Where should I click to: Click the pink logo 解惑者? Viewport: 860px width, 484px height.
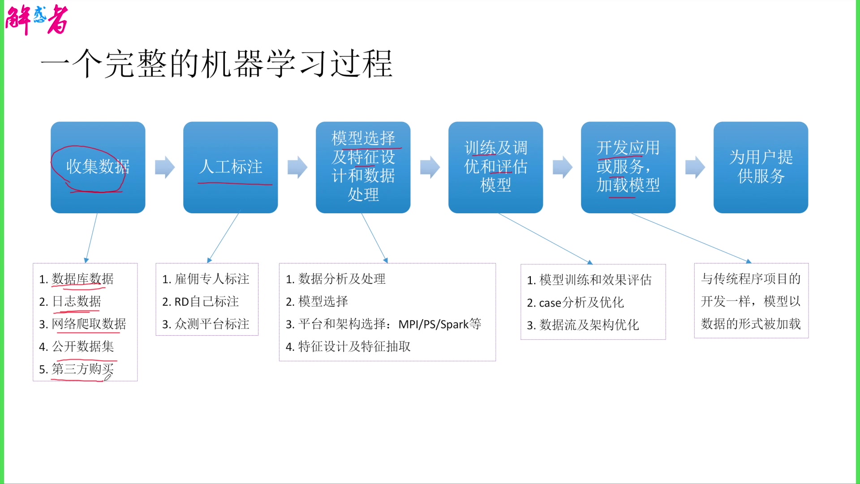pos(37,19)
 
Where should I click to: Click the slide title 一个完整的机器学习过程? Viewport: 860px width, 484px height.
pos(216,64)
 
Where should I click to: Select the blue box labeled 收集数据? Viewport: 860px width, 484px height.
pos(98,167)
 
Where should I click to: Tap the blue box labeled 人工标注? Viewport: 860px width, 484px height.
pos(230,167)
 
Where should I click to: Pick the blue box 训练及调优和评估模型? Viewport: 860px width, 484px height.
pos(495,167)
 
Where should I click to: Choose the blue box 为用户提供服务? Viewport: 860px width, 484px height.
pos(761,167)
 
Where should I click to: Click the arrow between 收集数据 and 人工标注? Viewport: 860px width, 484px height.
pos(164,167)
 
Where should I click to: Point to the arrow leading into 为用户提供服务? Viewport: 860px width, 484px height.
pos(695,167)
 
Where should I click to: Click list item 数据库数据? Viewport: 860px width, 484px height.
pos(82,279)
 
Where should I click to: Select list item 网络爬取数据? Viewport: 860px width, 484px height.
pos(89,324)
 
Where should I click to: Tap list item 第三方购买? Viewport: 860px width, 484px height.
pos(82,369)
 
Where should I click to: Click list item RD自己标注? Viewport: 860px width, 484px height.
pos(206,302)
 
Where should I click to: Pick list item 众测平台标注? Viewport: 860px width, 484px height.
pos(211,324)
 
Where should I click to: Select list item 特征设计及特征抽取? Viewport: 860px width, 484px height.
pos(354,346)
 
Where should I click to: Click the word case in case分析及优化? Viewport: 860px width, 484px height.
pos(550,303)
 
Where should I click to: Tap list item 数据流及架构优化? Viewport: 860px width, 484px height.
pos(589,325)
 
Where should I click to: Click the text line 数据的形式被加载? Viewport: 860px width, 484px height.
pos(751,324)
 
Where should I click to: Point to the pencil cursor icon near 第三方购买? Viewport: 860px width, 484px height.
pos(107,377)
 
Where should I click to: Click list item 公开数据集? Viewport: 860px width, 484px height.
pos(82,346)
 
